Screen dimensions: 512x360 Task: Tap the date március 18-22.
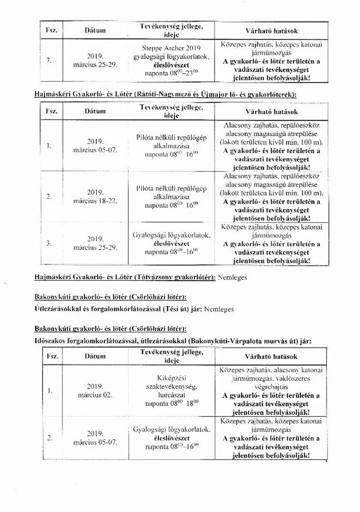coord(95,201)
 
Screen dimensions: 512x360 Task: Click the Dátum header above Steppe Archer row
coord(95,31)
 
